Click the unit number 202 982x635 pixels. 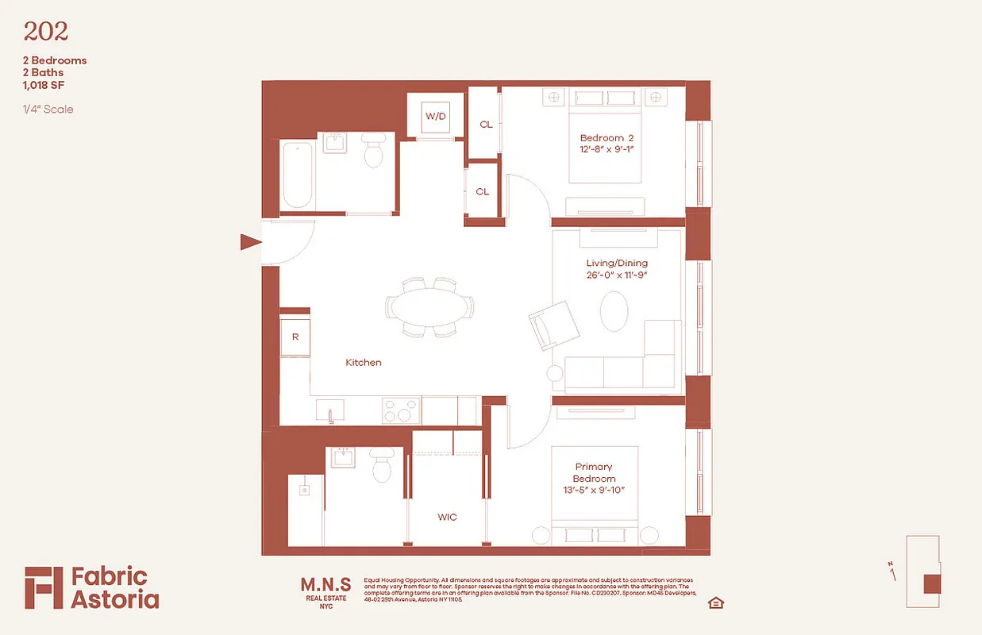(x=46, y=32)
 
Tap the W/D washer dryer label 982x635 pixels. (x=436, y=116)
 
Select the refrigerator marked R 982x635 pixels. (x=295, y=337)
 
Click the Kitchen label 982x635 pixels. (x=363, y=363)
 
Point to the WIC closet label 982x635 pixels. (x=447, y=517)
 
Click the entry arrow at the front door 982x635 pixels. (x=250, y=242)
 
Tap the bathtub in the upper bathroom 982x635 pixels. (x=297, y=175)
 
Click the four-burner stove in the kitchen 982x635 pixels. (x=401, y=410)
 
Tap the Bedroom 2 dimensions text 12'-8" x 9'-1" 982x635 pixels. (x=607, y=149)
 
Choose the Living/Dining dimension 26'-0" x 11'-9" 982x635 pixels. (x=617, y=275)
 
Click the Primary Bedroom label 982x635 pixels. (x=594, y=472)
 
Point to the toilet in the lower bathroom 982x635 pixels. (x=382, y=466)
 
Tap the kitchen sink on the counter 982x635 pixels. (x=329, y=411)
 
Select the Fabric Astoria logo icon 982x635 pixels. (x=43, y=587)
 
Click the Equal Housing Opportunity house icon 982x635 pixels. (x=715, y=603)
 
